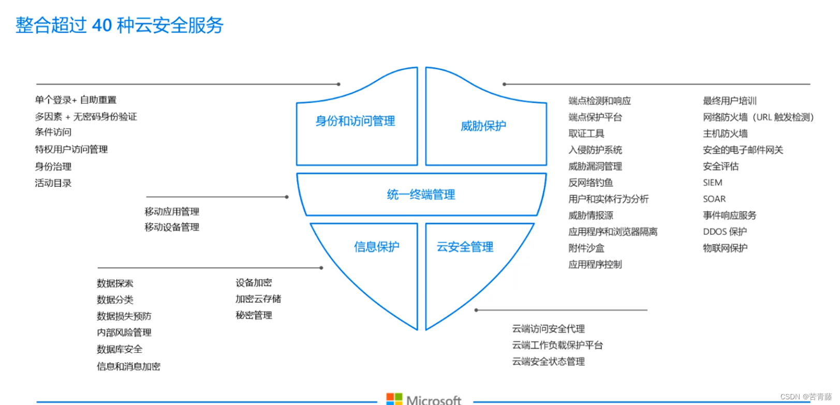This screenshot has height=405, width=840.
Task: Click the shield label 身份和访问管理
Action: (x=355, y=121)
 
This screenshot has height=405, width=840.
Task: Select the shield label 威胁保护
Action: (x=483, y=126)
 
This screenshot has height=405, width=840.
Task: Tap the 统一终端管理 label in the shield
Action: (x=421, y=194)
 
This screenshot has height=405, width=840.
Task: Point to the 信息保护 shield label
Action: (x=376, y=247)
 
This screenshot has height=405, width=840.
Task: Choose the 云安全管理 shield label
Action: (x=465, y=247)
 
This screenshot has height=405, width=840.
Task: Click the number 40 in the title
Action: (x=101, y=25)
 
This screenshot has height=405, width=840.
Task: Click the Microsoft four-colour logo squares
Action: (x=394, y=399)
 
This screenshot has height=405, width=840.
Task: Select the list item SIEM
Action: (x=712, y=183)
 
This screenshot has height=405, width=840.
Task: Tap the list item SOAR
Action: (x=714, y=199)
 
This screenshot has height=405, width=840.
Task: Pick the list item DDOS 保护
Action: (x=725, y=232)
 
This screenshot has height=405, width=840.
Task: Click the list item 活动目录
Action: (x=53, y=183)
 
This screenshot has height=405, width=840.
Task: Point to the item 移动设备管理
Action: (x=172, y=227)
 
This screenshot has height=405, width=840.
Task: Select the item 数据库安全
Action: (x=119, y=350)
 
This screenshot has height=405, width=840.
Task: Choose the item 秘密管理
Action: (x=254, y=316)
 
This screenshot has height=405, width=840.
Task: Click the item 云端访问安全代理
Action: (x=548, y=329)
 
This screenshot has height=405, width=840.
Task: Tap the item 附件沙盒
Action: (x=586, y=248)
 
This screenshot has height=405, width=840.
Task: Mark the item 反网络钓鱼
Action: (x=591, y=183)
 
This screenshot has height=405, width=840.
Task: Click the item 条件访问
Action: (x=53, y=132)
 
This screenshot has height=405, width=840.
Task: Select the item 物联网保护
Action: (x=725, y=248)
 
